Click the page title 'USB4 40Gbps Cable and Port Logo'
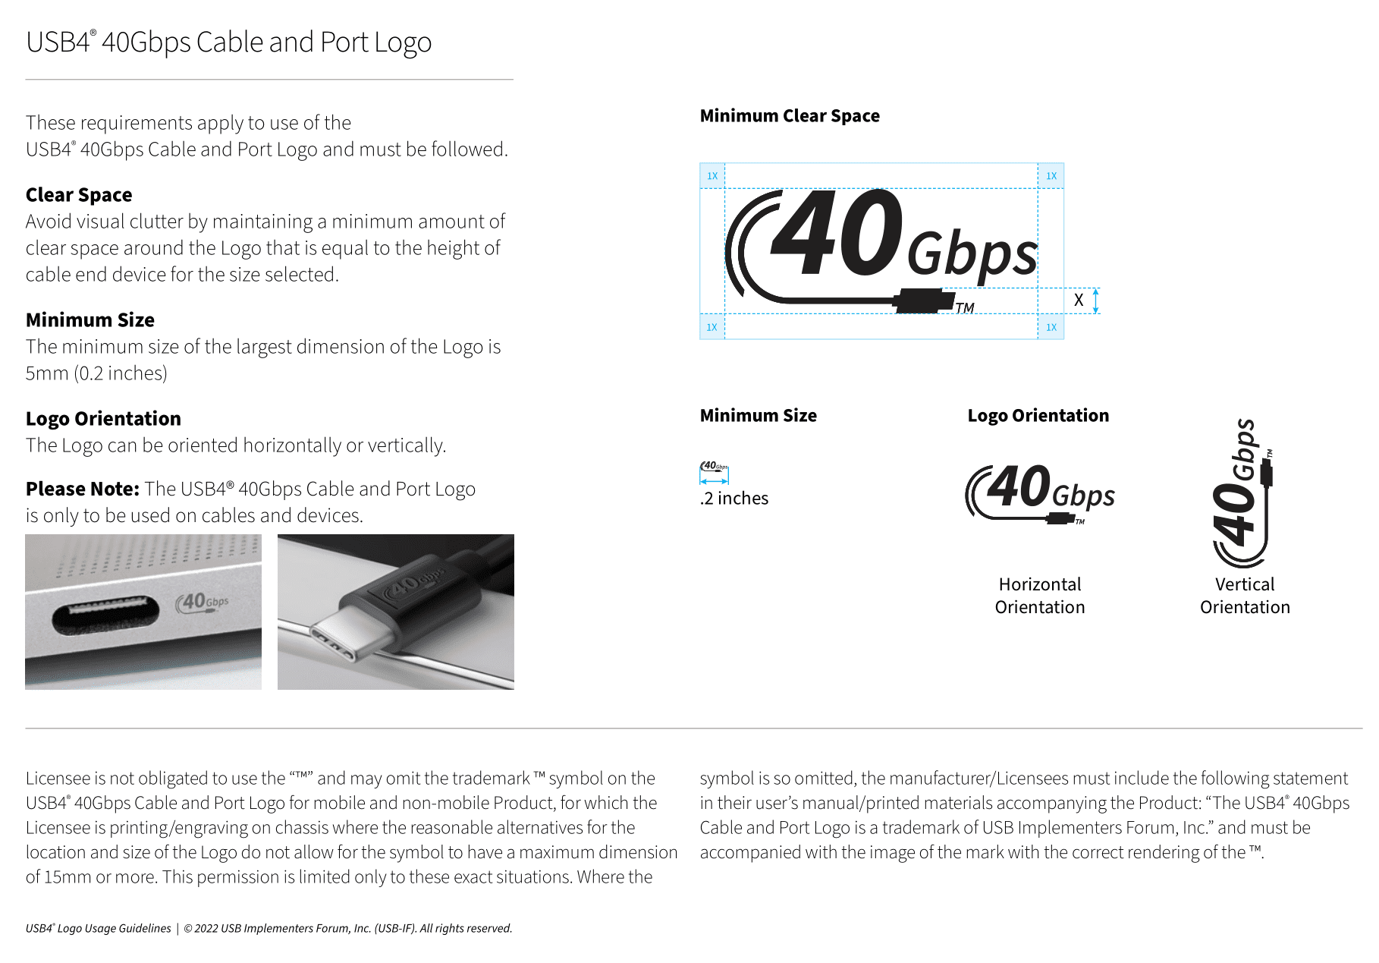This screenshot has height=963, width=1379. [228, 42]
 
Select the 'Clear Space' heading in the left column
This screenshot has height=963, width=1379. [79, 195]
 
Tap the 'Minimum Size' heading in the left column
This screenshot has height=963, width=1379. [90, 320]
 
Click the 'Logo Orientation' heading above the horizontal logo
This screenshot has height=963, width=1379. [1038, 416]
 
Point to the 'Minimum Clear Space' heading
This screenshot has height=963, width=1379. [790, 116]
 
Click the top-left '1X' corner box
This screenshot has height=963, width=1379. [712, 176]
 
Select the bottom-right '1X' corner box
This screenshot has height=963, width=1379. [1051, 327]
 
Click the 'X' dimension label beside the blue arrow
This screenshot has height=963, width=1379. [1078, 301]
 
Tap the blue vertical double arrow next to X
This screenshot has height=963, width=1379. [1095, 301]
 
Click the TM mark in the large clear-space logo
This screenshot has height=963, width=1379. [964, 308]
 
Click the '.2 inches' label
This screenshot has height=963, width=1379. [733, 499]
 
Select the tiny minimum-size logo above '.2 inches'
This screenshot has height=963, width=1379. [714, 467]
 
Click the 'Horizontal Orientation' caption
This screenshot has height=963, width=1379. [1040, 596]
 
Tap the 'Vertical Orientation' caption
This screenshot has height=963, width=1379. [1245, 596]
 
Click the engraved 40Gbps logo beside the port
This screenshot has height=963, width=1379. [203, 602]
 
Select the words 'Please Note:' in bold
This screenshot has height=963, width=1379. [83, 489]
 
